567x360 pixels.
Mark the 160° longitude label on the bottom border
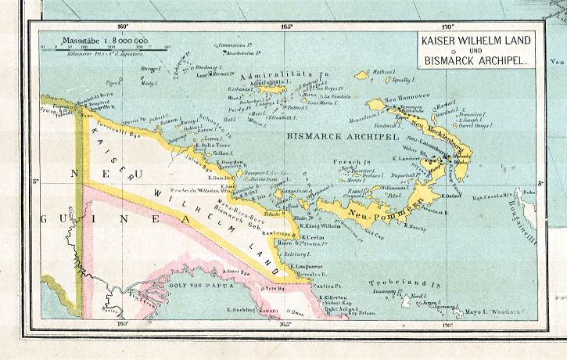click(x=121, y=322)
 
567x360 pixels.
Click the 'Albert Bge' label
click(x=237, y=272)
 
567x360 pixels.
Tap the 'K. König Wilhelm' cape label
click(x=321, y=225)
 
